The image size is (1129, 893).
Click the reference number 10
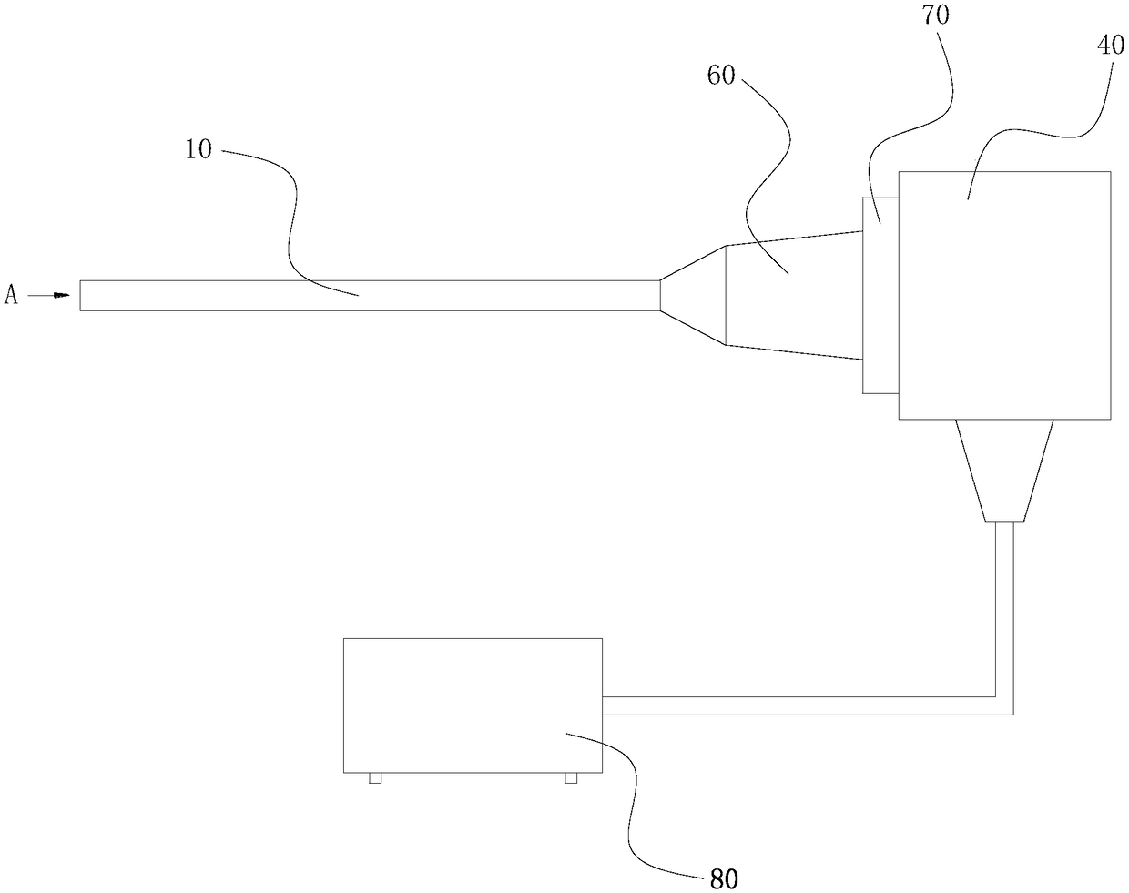click(198, 149)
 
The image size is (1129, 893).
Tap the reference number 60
click(721, 76)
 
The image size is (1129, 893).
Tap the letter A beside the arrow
click(11, 295)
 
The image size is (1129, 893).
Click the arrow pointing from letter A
click(50, 295)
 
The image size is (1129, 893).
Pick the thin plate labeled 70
click(880, 296)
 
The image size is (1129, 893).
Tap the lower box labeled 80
click(472, 705)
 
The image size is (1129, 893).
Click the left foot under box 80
click(374, 778)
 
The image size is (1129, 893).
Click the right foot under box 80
click(571, 778)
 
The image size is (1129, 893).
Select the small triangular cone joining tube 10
click(693, 295)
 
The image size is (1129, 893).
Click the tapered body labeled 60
click(792, 295)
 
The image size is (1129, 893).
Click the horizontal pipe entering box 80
click(792, 705)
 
